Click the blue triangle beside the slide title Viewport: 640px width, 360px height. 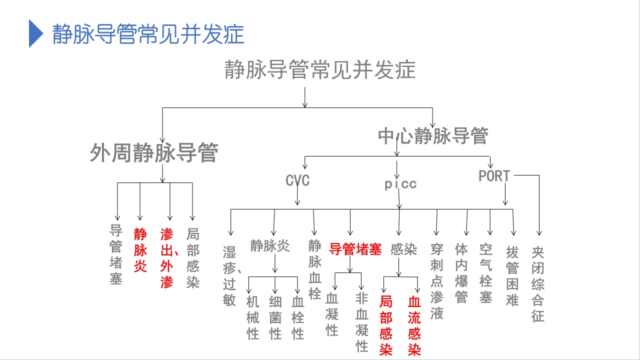click(35, 33)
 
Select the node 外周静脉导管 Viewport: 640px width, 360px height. click(153, 153)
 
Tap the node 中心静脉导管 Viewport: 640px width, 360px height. click(433, 135)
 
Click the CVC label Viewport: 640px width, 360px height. click(297, 180)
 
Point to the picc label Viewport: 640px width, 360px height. click(400, 184)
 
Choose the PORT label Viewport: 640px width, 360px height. click(494, 176)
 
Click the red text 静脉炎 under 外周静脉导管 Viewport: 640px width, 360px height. click(140, 250)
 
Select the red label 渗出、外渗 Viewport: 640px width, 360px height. click(167, 258)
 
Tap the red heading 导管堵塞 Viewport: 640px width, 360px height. click(355, 249)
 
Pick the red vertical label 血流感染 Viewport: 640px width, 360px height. click(414, 325)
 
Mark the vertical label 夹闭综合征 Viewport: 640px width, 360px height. click(538, 283)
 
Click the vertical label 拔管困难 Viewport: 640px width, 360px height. click(512, 275)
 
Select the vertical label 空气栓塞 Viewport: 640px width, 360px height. click(485, 273)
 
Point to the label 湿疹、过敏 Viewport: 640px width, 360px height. click(230, 275)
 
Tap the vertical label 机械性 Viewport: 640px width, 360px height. click(253, 317)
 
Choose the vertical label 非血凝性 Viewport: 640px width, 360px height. click(362, 322)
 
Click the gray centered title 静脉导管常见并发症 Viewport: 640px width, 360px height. click(320, 70)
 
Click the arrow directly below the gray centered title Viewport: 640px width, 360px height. click(305, 97)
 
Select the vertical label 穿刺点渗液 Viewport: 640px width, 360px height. click(436, 281)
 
